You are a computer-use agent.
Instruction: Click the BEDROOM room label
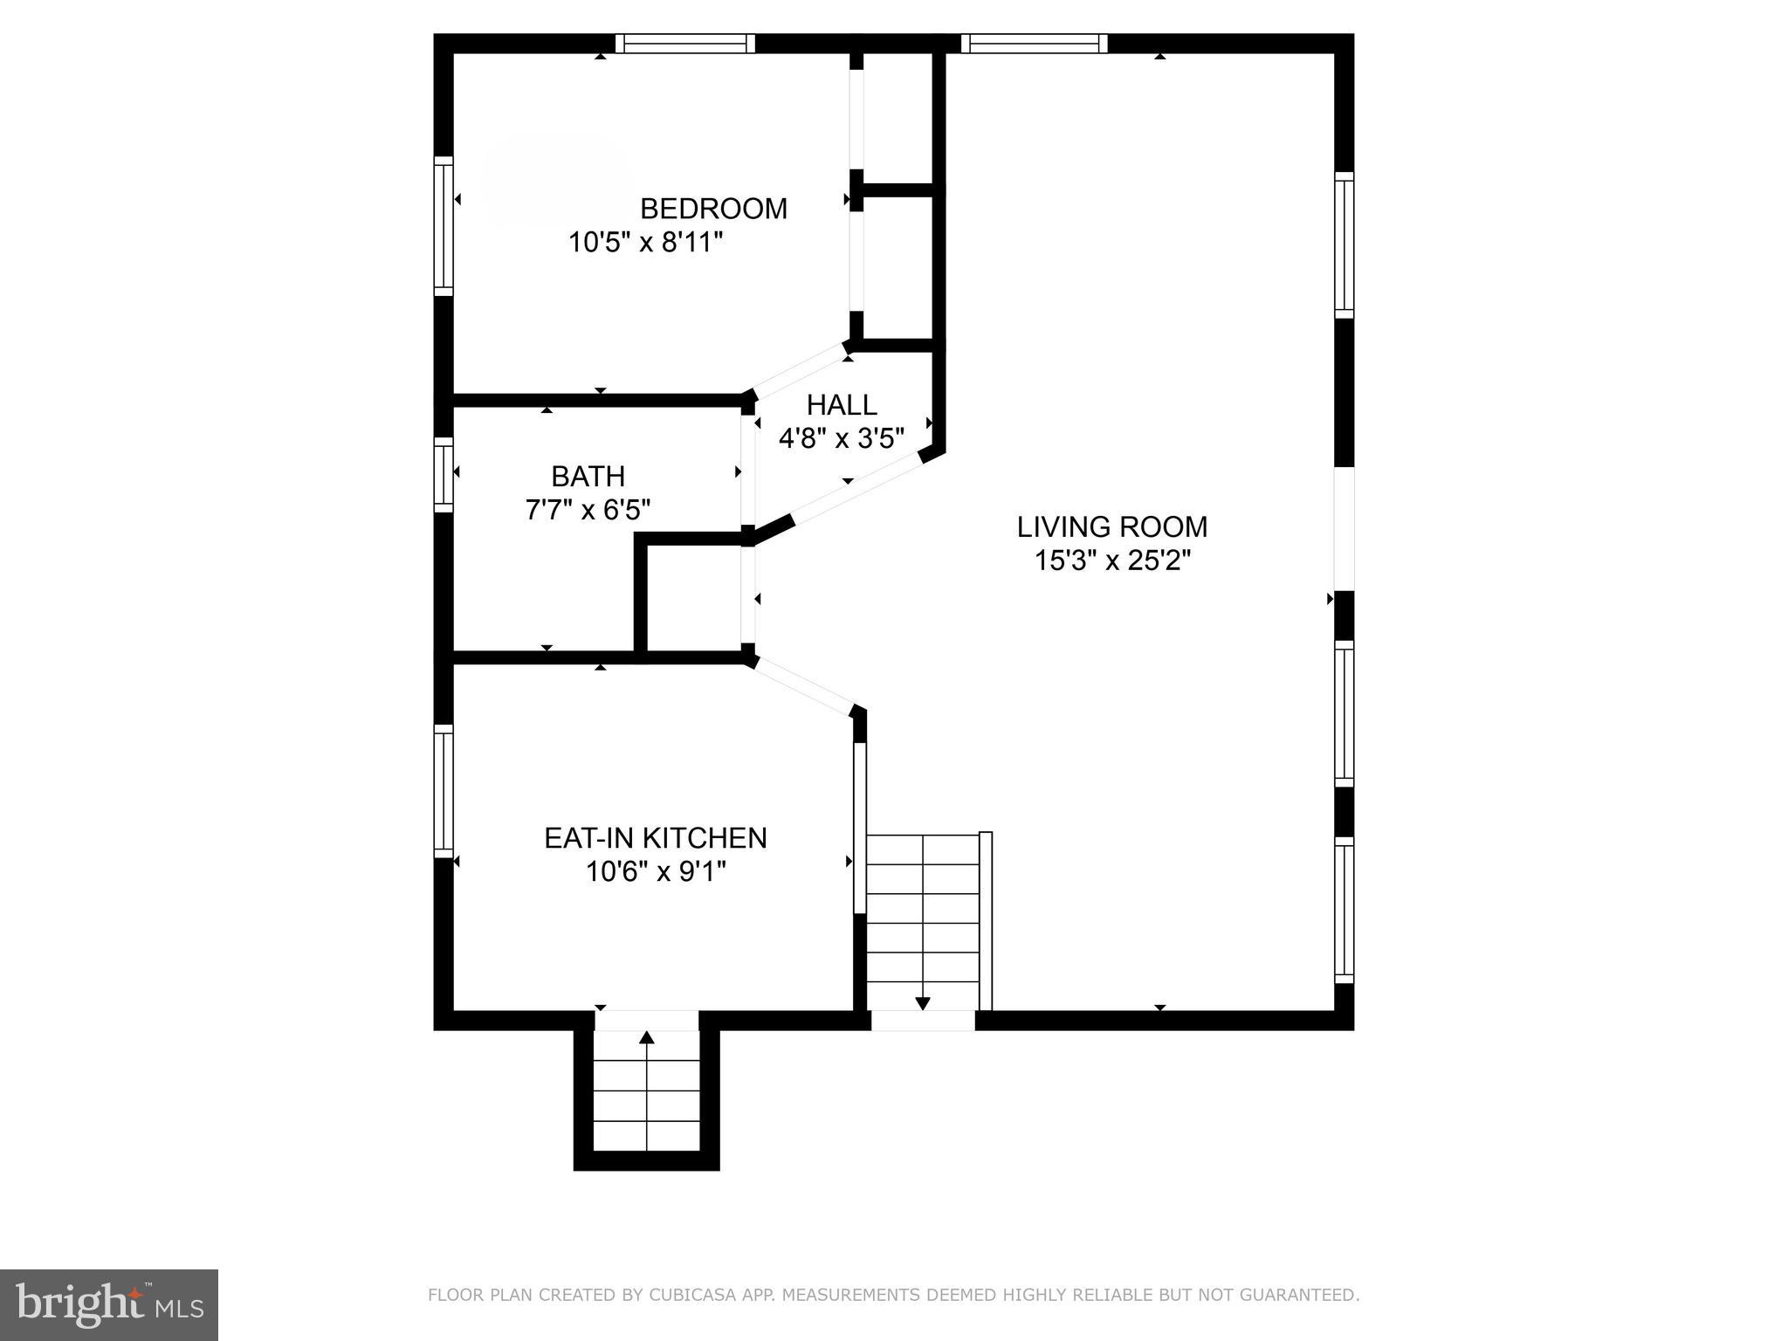[x=713, y=209]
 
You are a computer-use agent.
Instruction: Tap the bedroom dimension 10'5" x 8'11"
[x=646, y=242]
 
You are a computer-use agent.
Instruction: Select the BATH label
[x=588, y=476]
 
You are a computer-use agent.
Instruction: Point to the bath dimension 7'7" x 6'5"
[x=588, y=509]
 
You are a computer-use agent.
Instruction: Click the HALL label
[x=842, y=404]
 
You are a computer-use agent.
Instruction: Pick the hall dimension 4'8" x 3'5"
[x=842, y=437]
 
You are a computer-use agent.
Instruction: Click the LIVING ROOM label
[x=1112, y=526]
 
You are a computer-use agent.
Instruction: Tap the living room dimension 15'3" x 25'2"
[x=1112, y=560]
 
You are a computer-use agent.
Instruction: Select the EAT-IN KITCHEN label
[x=656, y=838]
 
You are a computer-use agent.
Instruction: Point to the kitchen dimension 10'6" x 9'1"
[x=656, y=871]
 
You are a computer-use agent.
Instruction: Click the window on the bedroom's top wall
[x=685, y=44]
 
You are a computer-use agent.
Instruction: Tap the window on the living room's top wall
[x=1034, y=44]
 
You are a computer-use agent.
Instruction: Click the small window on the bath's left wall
[x=444, y=474]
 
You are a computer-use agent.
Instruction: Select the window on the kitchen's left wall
[x=444, y=791]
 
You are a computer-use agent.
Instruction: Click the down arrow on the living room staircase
[x=923, y=1003]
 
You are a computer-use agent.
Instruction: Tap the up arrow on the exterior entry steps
[x=646, y=1038]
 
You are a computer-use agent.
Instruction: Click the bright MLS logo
[x=108, y=1304]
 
